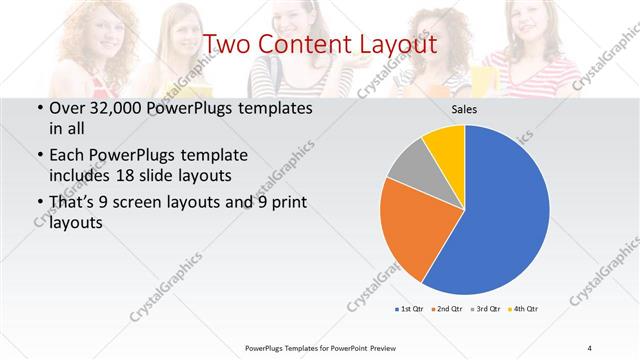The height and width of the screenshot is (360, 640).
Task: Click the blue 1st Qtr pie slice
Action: coord(500,210)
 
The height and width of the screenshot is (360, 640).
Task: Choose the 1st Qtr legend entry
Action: coord(410,308)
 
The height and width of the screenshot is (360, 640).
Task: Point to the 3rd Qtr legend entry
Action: coord(485,308)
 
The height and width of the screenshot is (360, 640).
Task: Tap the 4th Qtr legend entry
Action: coord(522,308)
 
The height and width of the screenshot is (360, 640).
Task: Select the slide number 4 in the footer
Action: coord(590,347)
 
